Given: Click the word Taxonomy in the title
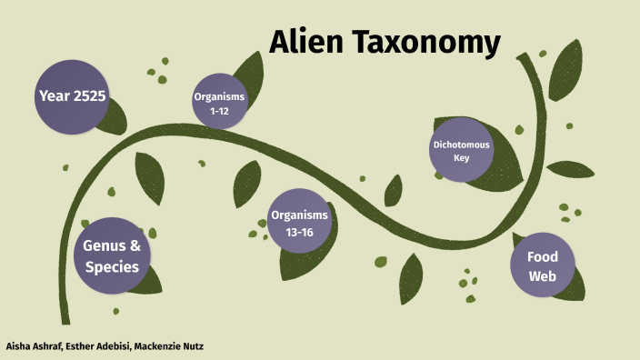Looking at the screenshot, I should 426,43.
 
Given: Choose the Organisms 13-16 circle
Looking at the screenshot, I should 299,221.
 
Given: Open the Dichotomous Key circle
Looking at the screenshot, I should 461,150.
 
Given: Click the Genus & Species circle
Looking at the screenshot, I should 112,256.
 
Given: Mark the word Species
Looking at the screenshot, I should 112,267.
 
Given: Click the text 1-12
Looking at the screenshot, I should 219,110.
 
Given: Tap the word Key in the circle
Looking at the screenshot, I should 461,158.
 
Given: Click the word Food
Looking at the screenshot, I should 543,255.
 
